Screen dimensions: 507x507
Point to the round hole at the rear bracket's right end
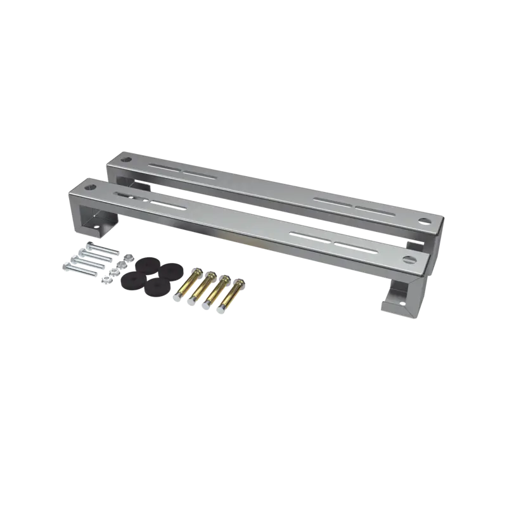click(424, 221)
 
